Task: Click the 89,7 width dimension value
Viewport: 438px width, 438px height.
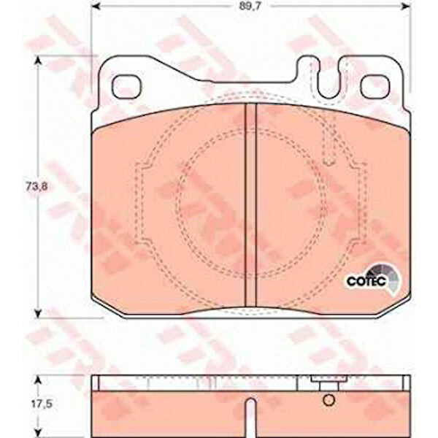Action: (250, 7)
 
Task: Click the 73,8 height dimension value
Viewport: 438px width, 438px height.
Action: (37, 187)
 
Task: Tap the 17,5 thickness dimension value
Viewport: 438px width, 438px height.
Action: (42, 404)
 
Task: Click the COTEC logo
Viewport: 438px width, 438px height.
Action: (373, 280)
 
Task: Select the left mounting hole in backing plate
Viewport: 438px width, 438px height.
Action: (126, 86)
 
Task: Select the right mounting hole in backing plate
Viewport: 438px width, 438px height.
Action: (375, 87)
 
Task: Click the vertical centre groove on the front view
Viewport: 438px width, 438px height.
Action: (251, 205)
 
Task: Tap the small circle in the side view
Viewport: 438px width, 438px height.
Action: (328, 400)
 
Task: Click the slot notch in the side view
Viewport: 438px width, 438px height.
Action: (251, 418)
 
